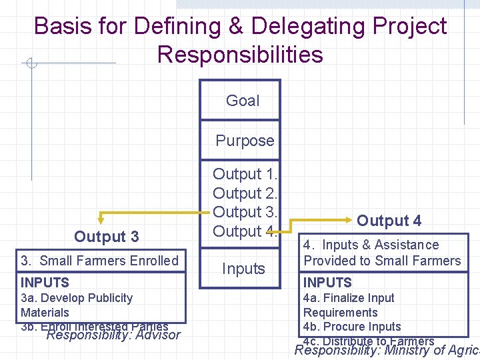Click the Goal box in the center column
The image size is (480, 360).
click(x=242, y=101)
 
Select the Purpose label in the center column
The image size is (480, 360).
click(x=245, y=141)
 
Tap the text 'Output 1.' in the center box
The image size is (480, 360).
click(x=245, y=174)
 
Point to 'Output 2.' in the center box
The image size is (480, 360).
click(x=245, y=193)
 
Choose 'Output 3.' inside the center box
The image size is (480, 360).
click(x=245, y=212)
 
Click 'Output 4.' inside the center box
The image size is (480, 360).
click(x=245, y=231)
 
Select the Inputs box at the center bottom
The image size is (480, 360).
click(x=243, y=269)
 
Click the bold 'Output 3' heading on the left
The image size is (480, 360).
click(x=107, y=237)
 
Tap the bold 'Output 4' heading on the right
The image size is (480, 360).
click(x=389, y=221)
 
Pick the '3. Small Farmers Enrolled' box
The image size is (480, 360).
click(x=100, y=261)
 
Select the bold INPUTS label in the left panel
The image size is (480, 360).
click(x=45, y=283)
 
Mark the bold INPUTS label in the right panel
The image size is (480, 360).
click(x=327, y=283)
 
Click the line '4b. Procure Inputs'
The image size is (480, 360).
click(x=352, y=327)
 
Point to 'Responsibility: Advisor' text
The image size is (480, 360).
click(x=113, y=335)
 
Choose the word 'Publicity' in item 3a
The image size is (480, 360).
click(x=107, y=298)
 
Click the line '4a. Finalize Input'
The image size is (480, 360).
click(x=349, y=298)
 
